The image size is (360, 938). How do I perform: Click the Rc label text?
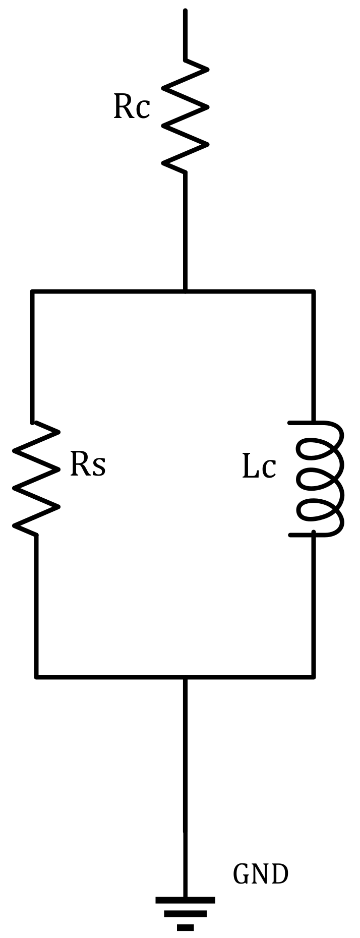[x=132, y=107]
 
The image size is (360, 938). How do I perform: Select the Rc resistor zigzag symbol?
[x=185, y=116]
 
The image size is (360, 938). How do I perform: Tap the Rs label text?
[x=87, y=464]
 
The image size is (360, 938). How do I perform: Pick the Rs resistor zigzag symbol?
[x=35, y=478]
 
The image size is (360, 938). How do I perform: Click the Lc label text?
[x=259, y=467]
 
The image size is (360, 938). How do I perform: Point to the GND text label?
[x=260, y=874]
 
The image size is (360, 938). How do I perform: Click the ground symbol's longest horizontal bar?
[x=185, y=900]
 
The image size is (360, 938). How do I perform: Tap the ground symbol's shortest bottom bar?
[x=185, y=927]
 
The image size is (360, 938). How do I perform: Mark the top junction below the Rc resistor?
[x=185, y=291]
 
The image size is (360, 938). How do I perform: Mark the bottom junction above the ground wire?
[x=185, y=676]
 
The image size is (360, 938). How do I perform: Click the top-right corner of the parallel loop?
[x=314, y=291]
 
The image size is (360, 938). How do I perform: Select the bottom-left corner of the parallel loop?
[x=36, y=676]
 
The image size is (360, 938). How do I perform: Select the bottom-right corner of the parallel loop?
[x=314, y=676]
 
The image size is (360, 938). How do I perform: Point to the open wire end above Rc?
[x=185, y=11]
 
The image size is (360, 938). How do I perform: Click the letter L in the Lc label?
[x=251, y=467]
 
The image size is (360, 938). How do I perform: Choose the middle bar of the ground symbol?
[x=185, y=914]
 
